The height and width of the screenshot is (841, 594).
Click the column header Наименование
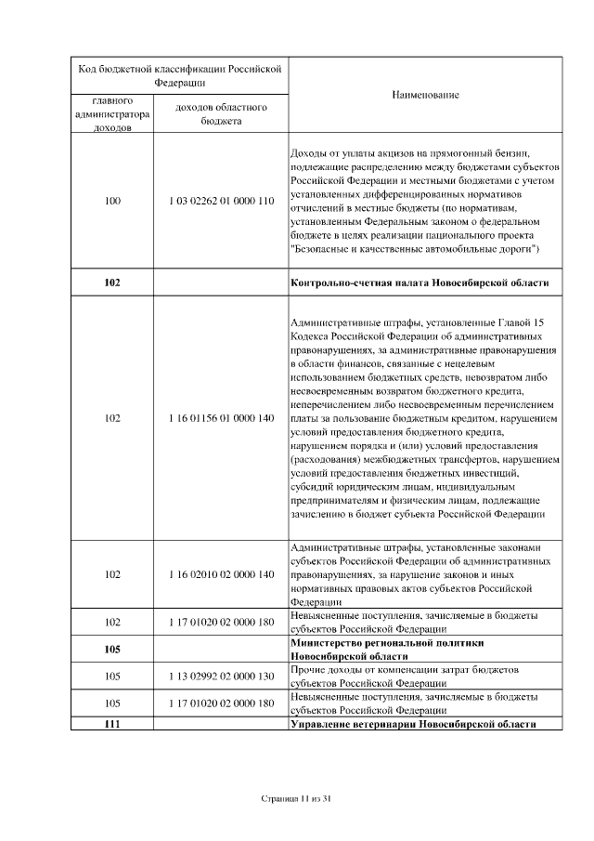pyautogui.click(x=424, y=95)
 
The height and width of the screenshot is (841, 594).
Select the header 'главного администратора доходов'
pyautogui.click(x=112, y=113)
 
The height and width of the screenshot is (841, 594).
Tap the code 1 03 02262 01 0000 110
pyautogui.click(x=222, y=201)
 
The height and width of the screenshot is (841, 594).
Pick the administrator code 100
pyautogui.click(x=112, y=201)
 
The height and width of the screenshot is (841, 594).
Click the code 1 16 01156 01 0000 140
pyautogui.click(x=222, y=418)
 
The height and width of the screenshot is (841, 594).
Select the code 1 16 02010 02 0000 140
pyautogui.click(x=222, y=574)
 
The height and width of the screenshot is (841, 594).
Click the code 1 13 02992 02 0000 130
pyautogui.click(x=222, y=676)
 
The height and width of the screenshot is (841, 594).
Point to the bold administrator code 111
pyautogui.click(x=112, y=723)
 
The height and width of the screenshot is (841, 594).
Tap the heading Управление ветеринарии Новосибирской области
pyautogui.click(x=413, y=723)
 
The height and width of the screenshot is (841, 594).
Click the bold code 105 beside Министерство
pyautogui.click(x=112, y=649)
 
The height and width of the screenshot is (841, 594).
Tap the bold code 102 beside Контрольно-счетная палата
pyautogui.click(x=112, y=283)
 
